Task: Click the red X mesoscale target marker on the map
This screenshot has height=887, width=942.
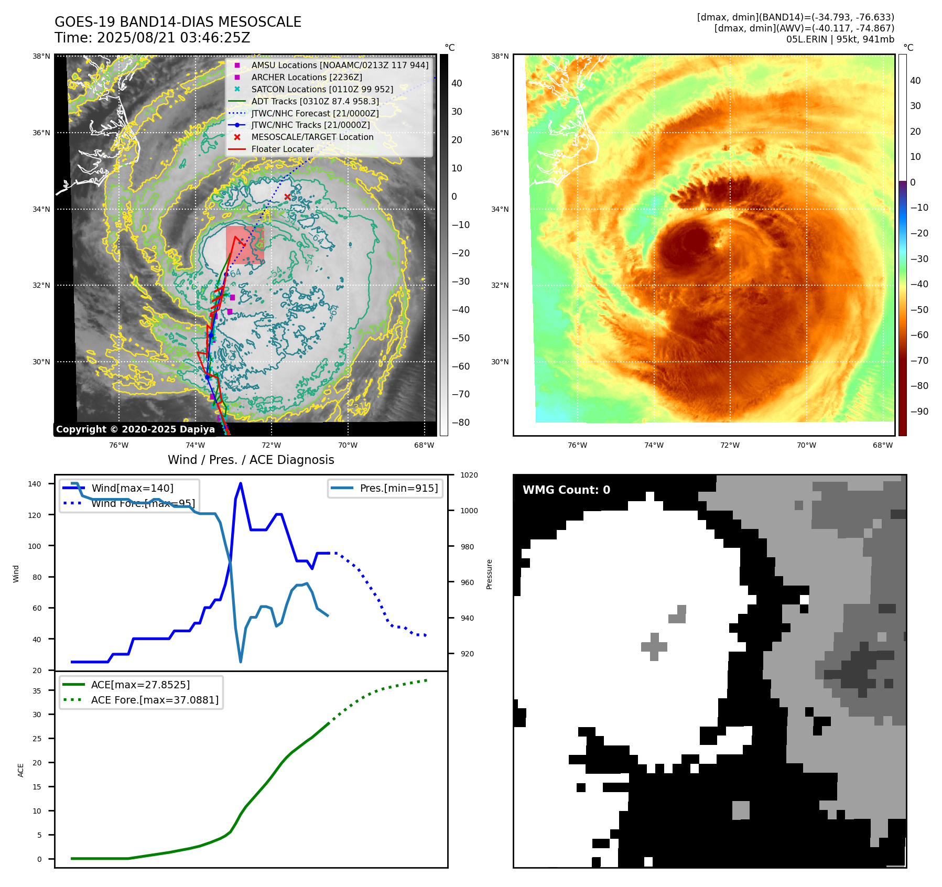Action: [x=287, y=197]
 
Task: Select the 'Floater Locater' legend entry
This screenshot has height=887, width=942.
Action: [x=282, y=149]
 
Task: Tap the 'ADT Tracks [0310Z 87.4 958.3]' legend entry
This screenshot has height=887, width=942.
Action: [x=315, y=101]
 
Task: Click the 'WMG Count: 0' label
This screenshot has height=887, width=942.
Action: [x=566, y=490]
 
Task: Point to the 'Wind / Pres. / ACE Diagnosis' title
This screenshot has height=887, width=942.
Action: [x=251, y=460]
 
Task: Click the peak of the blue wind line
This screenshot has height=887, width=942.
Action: [x=241, y=483]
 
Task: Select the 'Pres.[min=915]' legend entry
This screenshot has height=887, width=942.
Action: [x=398, y=488]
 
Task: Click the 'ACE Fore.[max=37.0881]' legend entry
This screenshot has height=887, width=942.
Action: [x=155, y=700]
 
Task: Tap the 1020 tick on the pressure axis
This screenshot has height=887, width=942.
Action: [x=469, y=475]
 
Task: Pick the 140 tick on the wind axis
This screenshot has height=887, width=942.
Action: [x=34, y=484]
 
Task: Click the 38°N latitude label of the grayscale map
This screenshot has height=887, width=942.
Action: [x=41, y=56]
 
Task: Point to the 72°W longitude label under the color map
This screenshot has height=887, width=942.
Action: [x=730, y=445]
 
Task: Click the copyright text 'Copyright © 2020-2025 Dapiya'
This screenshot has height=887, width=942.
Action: [x=135, y=429]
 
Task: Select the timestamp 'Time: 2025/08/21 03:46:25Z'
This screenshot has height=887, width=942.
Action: [x=152, y=38]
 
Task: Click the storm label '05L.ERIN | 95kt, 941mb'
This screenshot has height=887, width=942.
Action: [x=840, y=39]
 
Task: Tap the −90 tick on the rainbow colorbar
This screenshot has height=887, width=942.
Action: [x=919, y=412]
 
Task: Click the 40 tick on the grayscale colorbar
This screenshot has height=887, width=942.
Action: [x=457, y=83]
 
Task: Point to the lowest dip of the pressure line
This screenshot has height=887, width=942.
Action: [x=241, y=662]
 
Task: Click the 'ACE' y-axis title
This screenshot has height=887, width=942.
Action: [x=21, y=770]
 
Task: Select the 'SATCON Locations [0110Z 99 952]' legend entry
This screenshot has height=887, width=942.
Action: [x=322, y=89]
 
